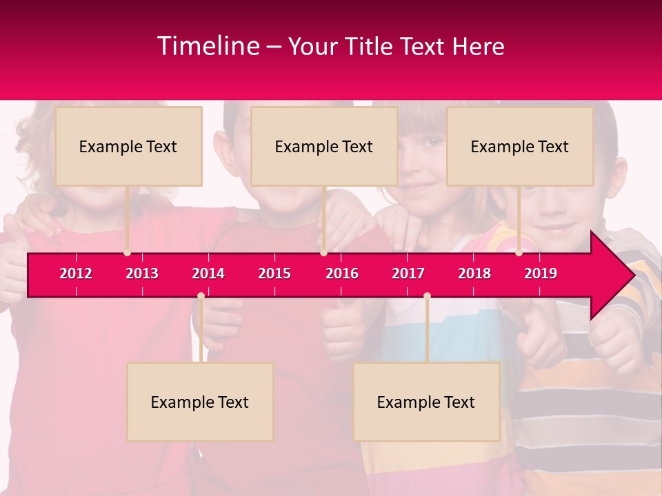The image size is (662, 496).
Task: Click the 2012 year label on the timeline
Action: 76,273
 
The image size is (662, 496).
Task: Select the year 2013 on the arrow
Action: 142,273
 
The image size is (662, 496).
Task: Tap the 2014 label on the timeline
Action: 208,273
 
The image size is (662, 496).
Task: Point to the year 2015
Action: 274,273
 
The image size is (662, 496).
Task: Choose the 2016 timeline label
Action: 342,273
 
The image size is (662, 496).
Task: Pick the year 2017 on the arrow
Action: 408,273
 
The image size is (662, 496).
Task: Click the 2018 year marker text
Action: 474,273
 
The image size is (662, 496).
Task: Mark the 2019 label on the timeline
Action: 541,273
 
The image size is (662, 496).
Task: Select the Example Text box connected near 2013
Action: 128,146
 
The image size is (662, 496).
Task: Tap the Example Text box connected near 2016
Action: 324,146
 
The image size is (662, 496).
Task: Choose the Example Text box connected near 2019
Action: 520,146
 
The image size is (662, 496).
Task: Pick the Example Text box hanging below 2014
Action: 200,402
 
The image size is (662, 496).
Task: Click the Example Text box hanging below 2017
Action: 426,402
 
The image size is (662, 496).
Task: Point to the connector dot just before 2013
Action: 127,253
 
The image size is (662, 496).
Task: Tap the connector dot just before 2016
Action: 323,253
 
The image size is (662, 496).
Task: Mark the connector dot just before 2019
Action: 519,253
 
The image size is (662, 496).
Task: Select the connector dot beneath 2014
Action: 201,296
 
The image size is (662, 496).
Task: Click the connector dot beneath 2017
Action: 427,296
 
